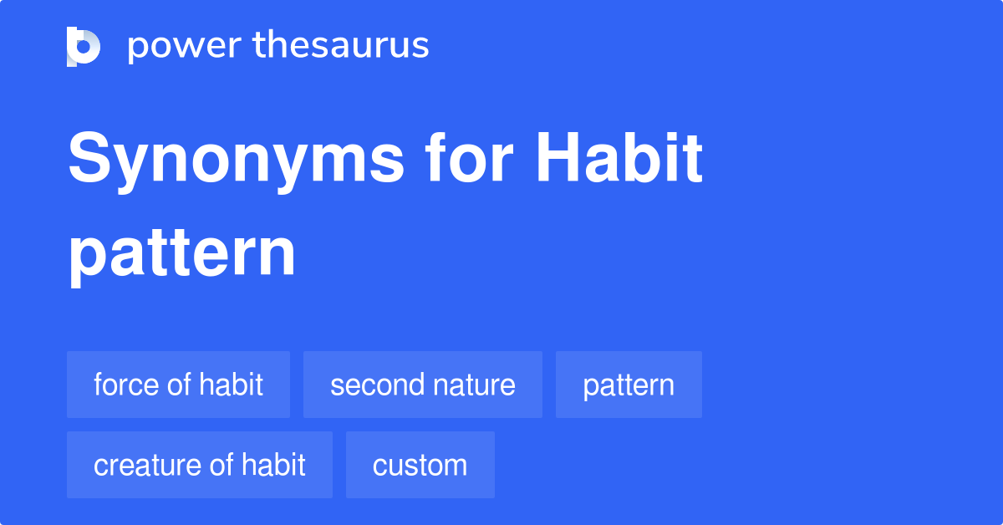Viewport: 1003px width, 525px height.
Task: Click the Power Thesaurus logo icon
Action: pyautogui.click(x=84, y=46)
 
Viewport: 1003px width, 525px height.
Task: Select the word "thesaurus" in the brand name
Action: pyautogui.click(x=341, y=46)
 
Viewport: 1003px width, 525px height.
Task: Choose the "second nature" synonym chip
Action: pyautogui.click(x=422, y=385)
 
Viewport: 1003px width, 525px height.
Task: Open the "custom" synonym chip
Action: pyautogui.click(x=420, y=465)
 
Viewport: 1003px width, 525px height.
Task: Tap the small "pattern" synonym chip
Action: pyautogui.click(x=629, y=385)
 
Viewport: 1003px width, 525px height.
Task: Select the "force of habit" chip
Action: pyautogui.click(x=178, y=385)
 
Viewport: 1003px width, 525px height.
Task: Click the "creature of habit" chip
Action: pyautogui.click(x=199, y=465)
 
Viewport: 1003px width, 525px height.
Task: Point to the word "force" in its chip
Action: pyautogui.click(x=125, y=385)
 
